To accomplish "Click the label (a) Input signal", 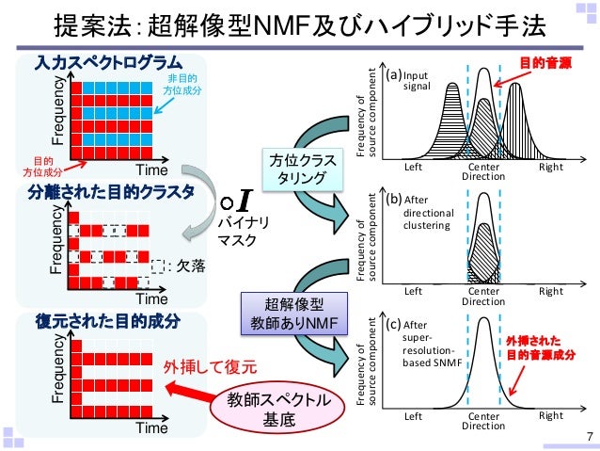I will coord(410,80).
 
